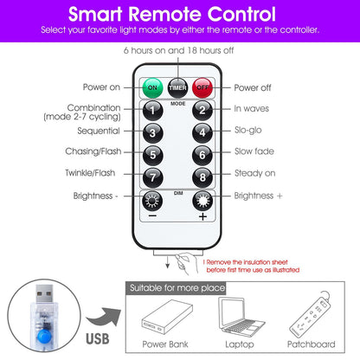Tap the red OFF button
202,87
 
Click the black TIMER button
177,87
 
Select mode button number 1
153,111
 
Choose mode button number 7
153,177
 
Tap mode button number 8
202,177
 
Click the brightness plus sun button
202,201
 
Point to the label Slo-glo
248,130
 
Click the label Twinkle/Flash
90,173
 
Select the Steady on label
255,173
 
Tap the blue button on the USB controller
44,337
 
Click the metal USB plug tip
44,293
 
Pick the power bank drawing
167,317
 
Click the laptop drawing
241,317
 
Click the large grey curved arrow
105,318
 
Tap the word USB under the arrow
98,339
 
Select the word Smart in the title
95,14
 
